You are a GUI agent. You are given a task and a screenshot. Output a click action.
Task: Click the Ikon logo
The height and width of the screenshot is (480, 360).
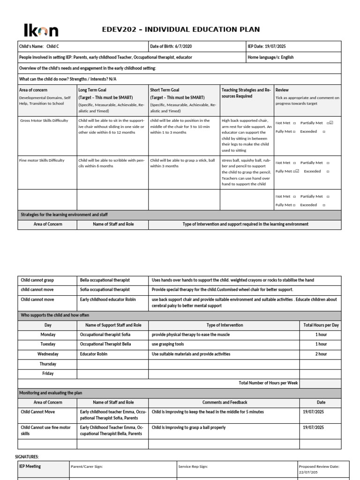click(x=41, y=31)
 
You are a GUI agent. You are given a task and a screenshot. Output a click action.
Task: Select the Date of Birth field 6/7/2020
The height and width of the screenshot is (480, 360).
click(x=196, y=46)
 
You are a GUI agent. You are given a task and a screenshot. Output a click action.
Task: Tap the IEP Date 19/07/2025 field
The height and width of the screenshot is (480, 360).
click(x=293, y=46)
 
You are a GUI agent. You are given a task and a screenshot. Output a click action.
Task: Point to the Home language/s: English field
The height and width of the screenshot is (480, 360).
click(x=293, y=57)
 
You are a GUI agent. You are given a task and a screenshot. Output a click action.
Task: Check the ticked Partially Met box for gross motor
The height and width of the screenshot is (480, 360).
click(x=331, y=123)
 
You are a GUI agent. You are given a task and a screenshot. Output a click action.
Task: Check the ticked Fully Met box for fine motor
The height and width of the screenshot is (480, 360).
click(x=297, y=171)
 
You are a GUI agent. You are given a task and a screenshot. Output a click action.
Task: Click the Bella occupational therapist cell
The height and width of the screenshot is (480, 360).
click(x=112, y=280)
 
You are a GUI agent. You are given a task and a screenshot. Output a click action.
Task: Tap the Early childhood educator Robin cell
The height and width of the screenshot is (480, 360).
click(x=112, y=300)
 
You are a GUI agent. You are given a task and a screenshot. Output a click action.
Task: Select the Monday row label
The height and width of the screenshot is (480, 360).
click(x=48, y=335)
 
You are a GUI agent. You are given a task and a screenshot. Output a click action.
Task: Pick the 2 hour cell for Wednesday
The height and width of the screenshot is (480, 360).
click(x=321, y=354)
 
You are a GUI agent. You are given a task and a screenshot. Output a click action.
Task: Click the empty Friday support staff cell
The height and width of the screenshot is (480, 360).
click(x=112, y=374)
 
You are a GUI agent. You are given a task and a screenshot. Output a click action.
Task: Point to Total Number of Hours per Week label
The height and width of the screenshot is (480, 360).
click(x=268, y=383)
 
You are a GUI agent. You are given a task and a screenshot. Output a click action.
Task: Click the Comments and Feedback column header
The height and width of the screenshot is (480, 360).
click(x=225, y=402)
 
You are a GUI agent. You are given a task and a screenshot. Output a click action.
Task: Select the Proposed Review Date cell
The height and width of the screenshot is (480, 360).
click(x=323, y=469)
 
